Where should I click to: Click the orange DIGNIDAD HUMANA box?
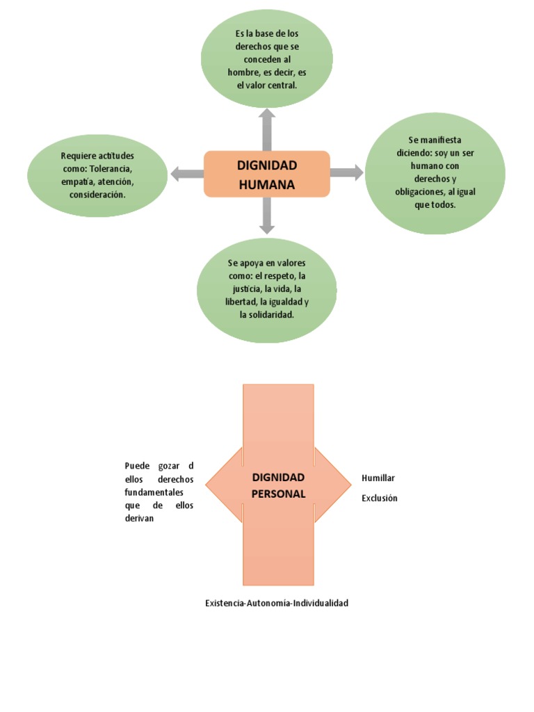tap(267, 174)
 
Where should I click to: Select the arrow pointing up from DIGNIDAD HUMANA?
tap(267, 129)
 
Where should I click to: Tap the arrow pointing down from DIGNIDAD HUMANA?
tap(267, 216)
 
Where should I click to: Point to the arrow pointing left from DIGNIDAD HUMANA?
tap(186, 174)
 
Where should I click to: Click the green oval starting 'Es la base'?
tap(267, 58)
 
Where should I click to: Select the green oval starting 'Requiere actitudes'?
tap(97, 175)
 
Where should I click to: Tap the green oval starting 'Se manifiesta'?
tap(435, 173)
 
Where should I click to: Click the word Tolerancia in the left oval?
tap(111, 169)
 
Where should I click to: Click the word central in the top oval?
tap(282, 86)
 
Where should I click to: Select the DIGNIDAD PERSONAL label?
tap(278, 485)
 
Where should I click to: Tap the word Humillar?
tap(378, 478)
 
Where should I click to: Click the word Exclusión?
tap(380, 498)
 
